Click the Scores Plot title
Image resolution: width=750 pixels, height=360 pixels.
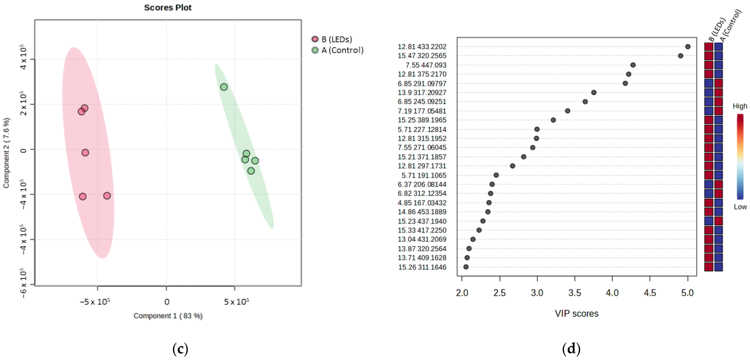click(168, 8)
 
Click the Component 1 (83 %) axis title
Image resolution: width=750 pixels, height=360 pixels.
click(168, 316)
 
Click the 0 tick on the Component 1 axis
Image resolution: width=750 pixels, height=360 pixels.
click(166, 302)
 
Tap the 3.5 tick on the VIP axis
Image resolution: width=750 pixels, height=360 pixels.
click(574, 293)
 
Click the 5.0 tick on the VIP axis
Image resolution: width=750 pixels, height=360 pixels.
click(687, 293)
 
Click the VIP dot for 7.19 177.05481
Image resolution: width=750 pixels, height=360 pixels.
click(567, 111)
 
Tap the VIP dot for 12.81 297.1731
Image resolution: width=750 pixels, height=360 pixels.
click(512, 166)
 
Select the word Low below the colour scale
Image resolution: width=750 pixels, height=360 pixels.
click(740, 207)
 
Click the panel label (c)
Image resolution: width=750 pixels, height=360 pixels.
click(180, 349)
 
